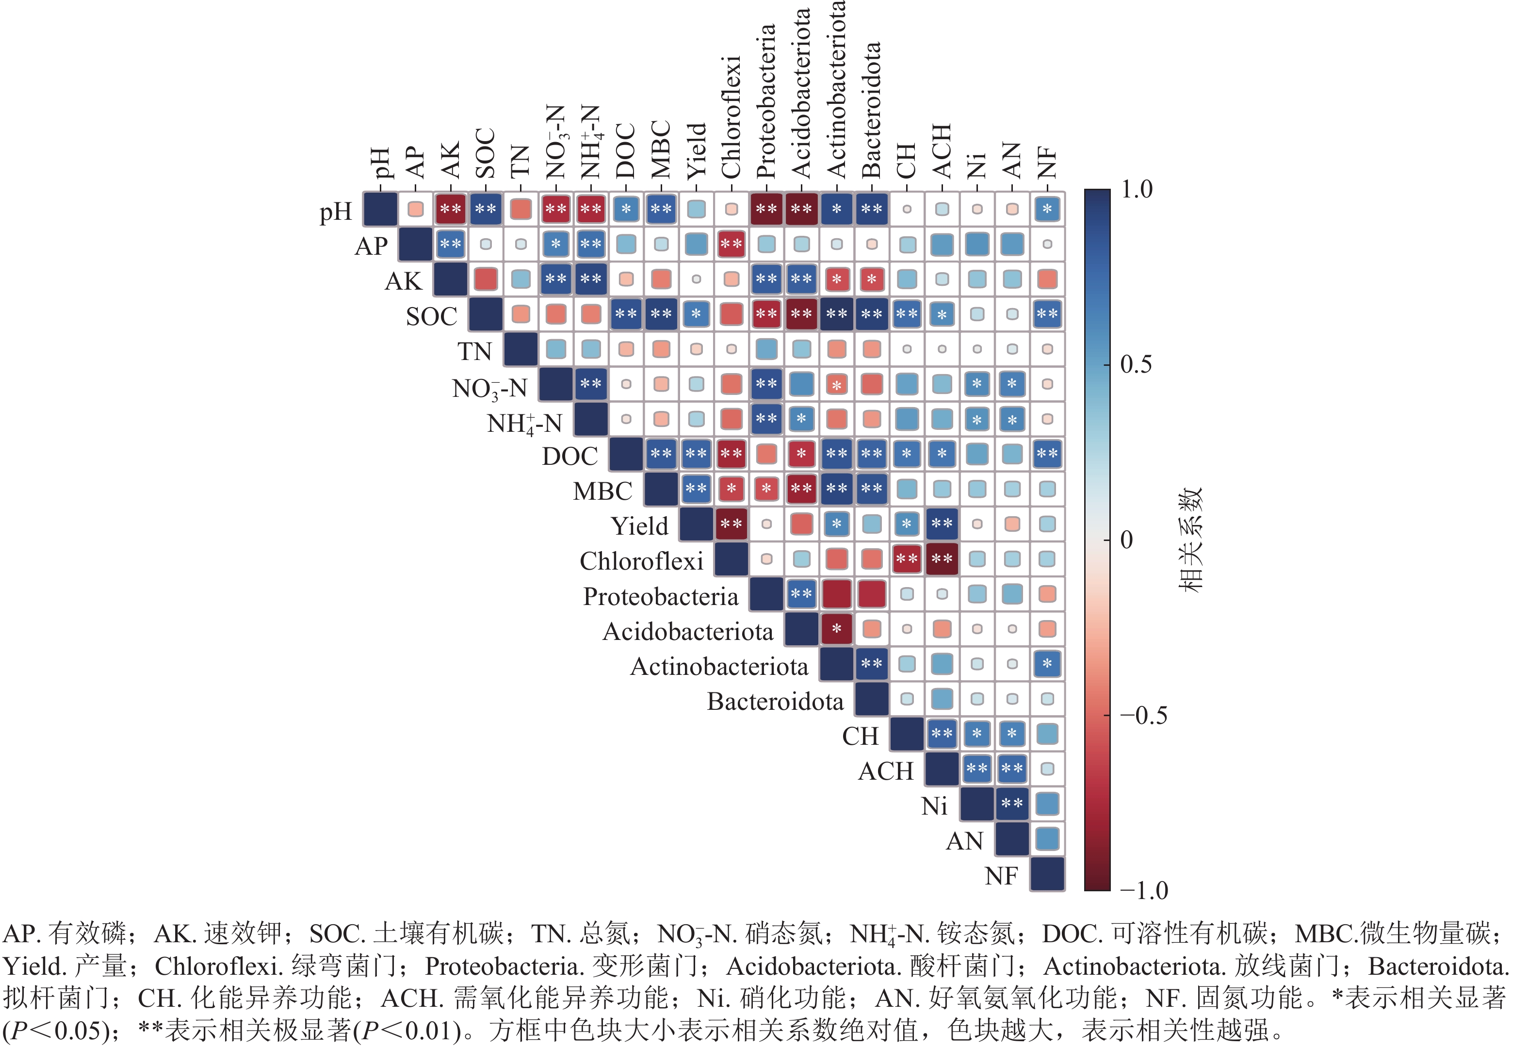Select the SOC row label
[x=431, y=317]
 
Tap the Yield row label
[x=638, y=526]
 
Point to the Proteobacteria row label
[x=660, y=596]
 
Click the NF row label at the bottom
[x=1001, y=876]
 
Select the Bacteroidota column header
[x=871, y=111]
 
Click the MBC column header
[x=660, y=150]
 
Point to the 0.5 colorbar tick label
[x=1136, y=364]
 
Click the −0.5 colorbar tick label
[x=1143, y=715]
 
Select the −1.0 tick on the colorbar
[x=1143, y=890]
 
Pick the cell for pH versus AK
[x=450, y=210]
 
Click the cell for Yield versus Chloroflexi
[x=731, y=524]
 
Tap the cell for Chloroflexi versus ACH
[x=942, y=559]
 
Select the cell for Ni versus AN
[x=1012, y=803]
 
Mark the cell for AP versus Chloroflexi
[x=731, y=245]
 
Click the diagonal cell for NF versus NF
[x=1047, y=874]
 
